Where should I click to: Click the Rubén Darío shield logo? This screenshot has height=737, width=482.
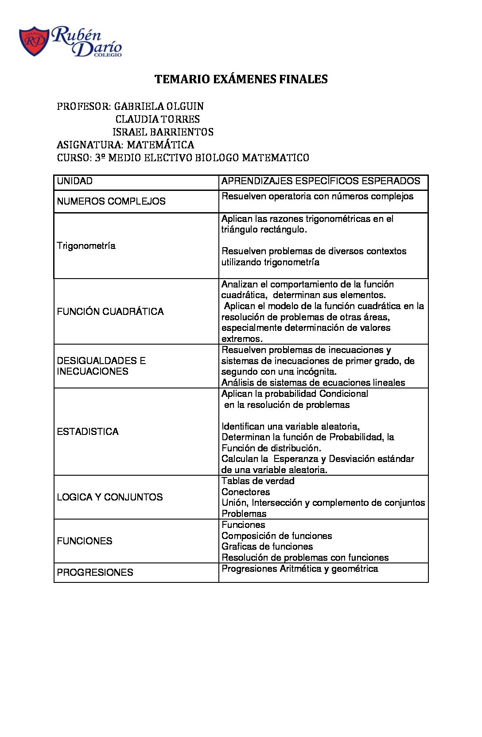click(x=34, y=42)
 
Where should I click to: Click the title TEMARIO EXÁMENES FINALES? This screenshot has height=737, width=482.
click(x=241, y=79)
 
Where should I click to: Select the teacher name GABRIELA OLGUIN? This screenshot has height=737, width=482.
click(x=159, y=106)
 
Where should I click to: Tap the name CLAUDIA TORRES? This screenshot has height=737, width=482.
click(x=157, y=119)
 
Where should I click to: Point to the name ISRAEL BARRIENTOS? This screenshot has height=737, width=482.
click(x=163, y=132)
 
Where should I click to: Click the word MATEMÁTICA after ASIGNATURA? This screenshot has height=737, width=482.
click(x=160, y=145)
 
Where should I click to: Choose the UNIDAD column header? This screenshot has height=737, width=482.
click(x=75, y=181)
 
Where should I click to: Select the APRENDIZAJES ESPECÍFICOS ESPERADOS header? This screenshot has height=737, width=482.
click(x=320, y=181)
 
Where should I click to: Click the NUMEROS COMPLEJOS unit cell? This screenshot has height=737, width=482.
click(x=111, y=202)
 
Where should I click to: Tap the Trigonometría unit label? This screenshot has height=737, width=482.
click(x=86, y=246)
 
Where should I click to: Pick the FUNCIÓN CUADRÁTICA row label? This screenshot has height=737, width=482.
click(x=110, y=312)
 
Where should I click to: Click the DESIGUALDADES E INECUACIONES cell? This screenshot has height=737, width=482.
click(x=101, y=366)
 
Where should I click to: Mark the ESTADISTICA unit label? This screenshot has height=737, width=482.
click(x=88, y=432)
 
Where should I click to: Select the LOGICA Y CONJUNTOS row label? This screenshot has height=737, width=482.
click(x=110, y=497)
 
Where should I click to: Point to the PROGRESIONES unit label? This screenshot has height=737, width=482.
click(x=95, y=573)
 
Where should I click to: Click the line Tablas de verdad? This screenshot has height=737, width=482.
click(x=258, y=481)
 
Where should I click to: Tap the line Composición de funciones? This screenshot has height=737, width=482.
click(x=276, y=536)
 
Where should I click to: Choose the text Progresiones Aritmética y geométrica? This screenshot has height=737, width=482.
click(x=299, y=569)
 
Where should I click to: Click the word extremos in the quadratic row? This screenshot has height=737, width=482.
click(x=242, y=339)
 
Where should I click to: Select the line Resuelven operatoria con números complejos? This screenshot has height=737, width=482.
click(x=317, y=196)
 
